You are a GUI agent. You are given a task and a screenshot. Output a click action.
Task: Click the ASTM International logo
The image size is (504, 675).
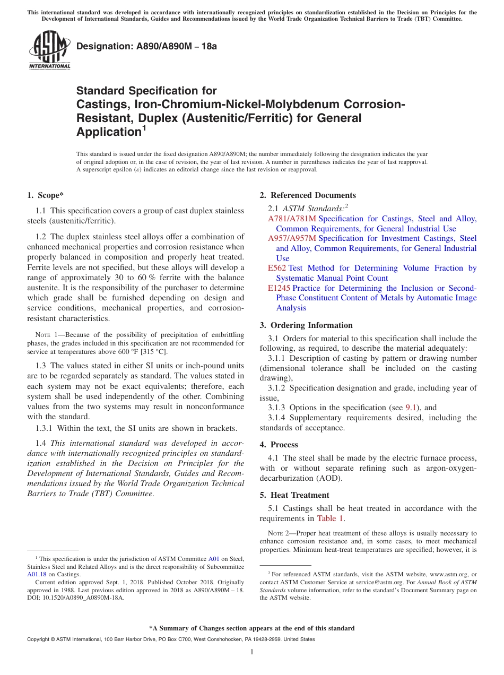tap(49, 50)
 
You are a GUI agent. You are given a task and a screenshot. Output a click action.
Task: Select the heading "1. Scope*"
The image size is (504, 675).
tap(46, 195)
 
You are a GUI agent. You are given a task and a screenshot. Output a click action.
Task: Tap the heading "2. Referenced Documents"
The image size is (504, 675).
tap(308, 195)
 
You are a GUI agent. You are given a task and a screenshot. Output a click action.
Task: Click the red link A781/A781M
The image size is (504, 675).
tap(292, 219)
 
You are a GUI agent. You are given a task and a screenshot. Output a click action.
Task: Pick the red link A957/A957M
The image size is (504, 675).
tap(292, 238)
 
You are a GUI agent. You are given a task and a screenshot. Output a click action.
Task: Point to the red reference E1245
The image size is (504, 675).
tap(279, 288)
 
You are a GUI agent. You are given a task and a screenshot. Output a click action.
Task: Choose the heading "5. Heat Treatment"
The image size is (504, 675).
tap(297, 495)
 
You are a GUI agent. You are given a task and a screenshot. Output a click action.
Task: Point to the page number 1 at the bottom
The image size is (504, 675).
tap(252, 652)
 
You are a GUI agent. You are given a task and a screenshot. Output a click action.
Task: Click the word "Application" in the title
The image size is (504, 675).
tap(108, 132)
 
